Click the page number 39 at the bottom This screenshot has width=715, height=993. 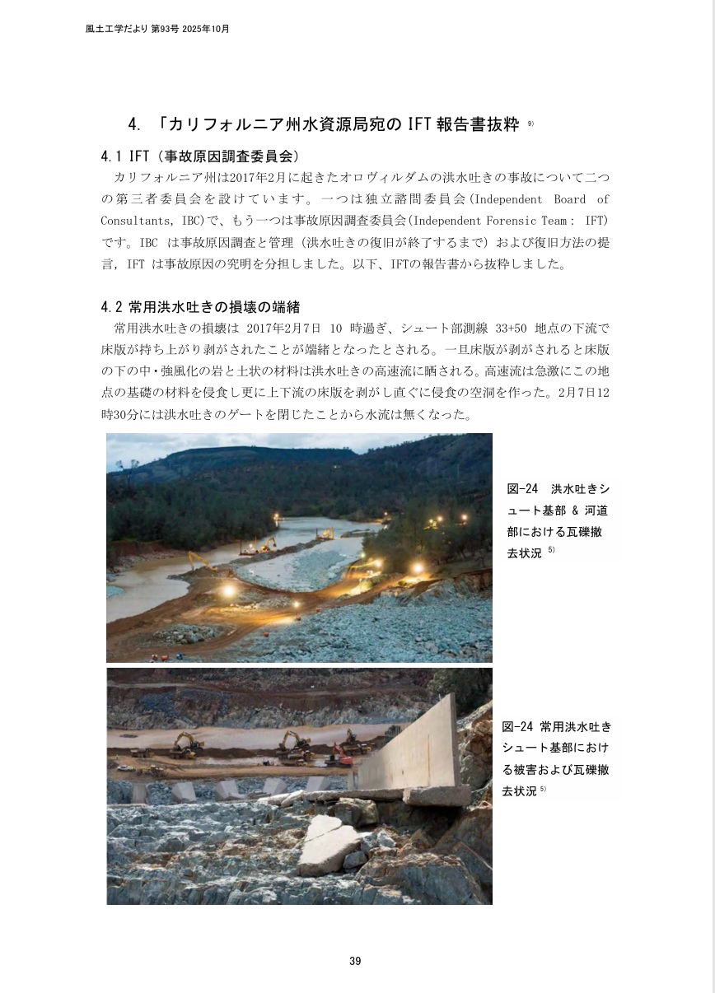pos(355,961)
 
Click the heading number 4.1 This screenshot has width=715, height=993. pos(111,156)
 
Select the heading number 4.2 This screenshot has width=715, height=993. pos(111,307)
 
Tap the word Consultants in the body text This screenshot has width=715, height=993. pos(133,221)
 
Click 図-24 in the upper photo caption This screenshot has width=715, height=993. pos(522,489)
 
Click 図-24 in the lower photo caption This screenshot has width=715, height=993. pos(517,727)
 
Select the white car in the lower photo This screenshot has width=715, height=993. pos(126,768)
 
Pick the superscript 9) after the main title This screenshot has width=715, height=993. pos(530,124)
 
